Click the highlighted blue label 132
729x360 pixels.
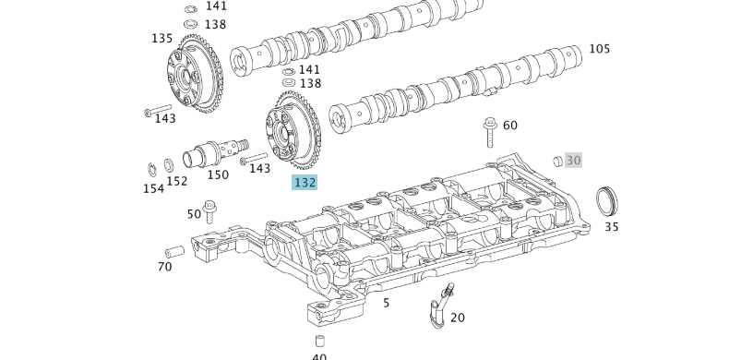click(305, 183)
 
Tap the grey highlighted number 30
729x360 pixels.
click(573, 160)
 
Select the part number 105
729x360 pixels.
click(599, 49)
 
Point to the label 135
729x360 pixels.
click(161, 39)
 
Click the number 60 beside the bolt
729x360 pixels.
click(509, 126)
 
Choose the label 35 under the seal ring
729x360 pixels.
click(611, 226)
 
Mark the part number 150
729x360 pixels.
click(218, 174)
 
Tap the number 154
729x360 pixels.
click(153, 188)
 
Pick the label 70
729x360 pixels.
click(164, 267)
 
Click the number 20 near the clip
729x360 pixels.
click(457, 318)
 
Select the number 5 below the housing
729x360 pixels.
click(386, 302)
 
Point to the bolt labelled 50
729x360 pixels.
click(210, 210)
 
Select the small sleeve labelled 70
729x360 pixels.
click(174, 251)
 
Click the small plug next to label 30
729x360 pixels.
click(557, 161)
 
